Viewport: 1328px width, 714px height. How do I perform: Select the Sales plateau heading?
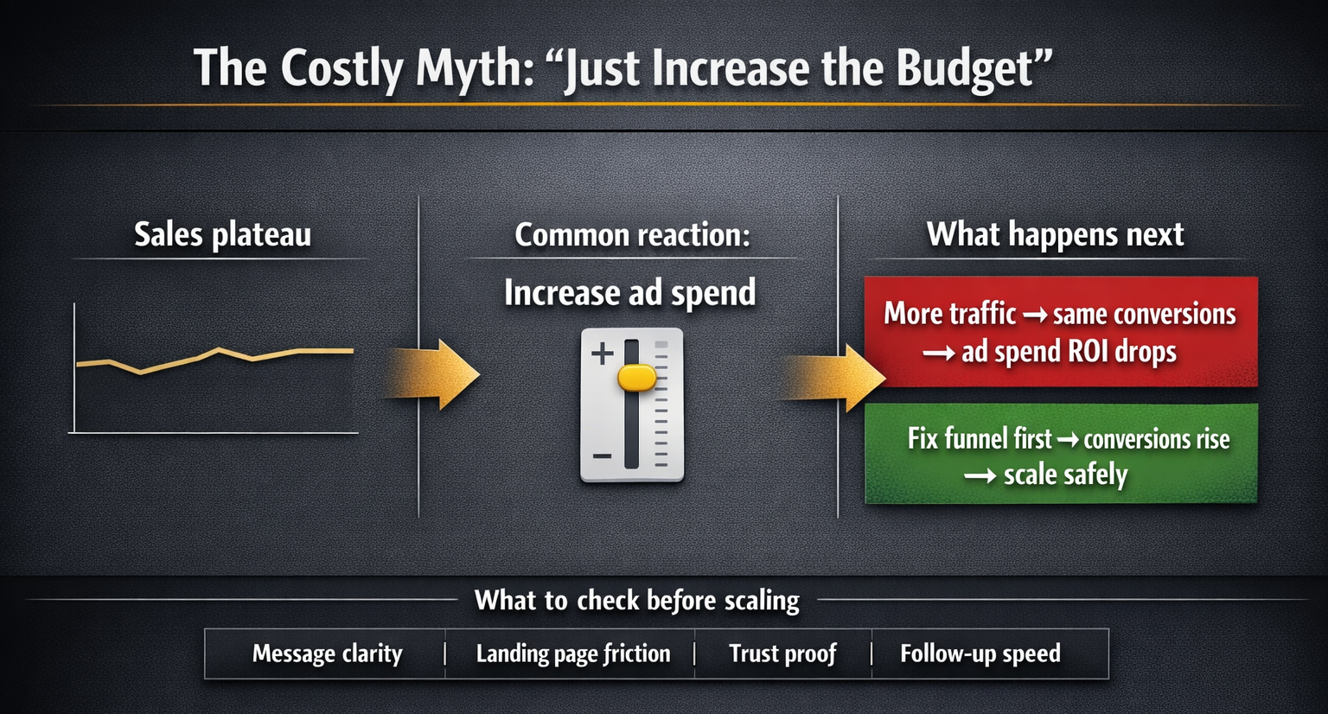(222, 234)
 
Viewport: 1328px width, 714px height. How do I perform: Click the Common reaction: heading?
(632, 234)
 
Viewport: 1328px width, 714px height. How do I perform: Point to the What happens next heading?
(1055, 233)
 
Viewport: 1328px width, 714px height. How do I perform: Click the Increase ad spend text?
(629, 292)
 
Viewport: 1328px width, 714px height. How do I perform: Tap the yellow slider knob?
(636, 378)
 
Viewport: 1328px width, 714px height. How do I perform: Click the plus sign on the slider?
(603, 354)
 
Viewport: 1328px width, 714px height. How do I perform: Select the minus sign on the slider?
(602, 456)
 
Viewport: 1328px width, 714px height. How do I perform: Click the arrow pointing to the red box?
(833, 378)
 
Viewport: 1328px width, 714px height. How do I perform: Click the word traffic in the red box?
(982, 314)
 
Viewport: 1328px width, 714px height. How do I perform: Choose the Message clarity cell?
(325, 653)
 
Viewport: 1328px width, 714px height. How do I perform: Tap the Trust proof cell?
(783, 653)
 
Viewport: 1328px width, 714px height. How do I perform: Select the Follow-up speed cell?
(990, 653)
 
